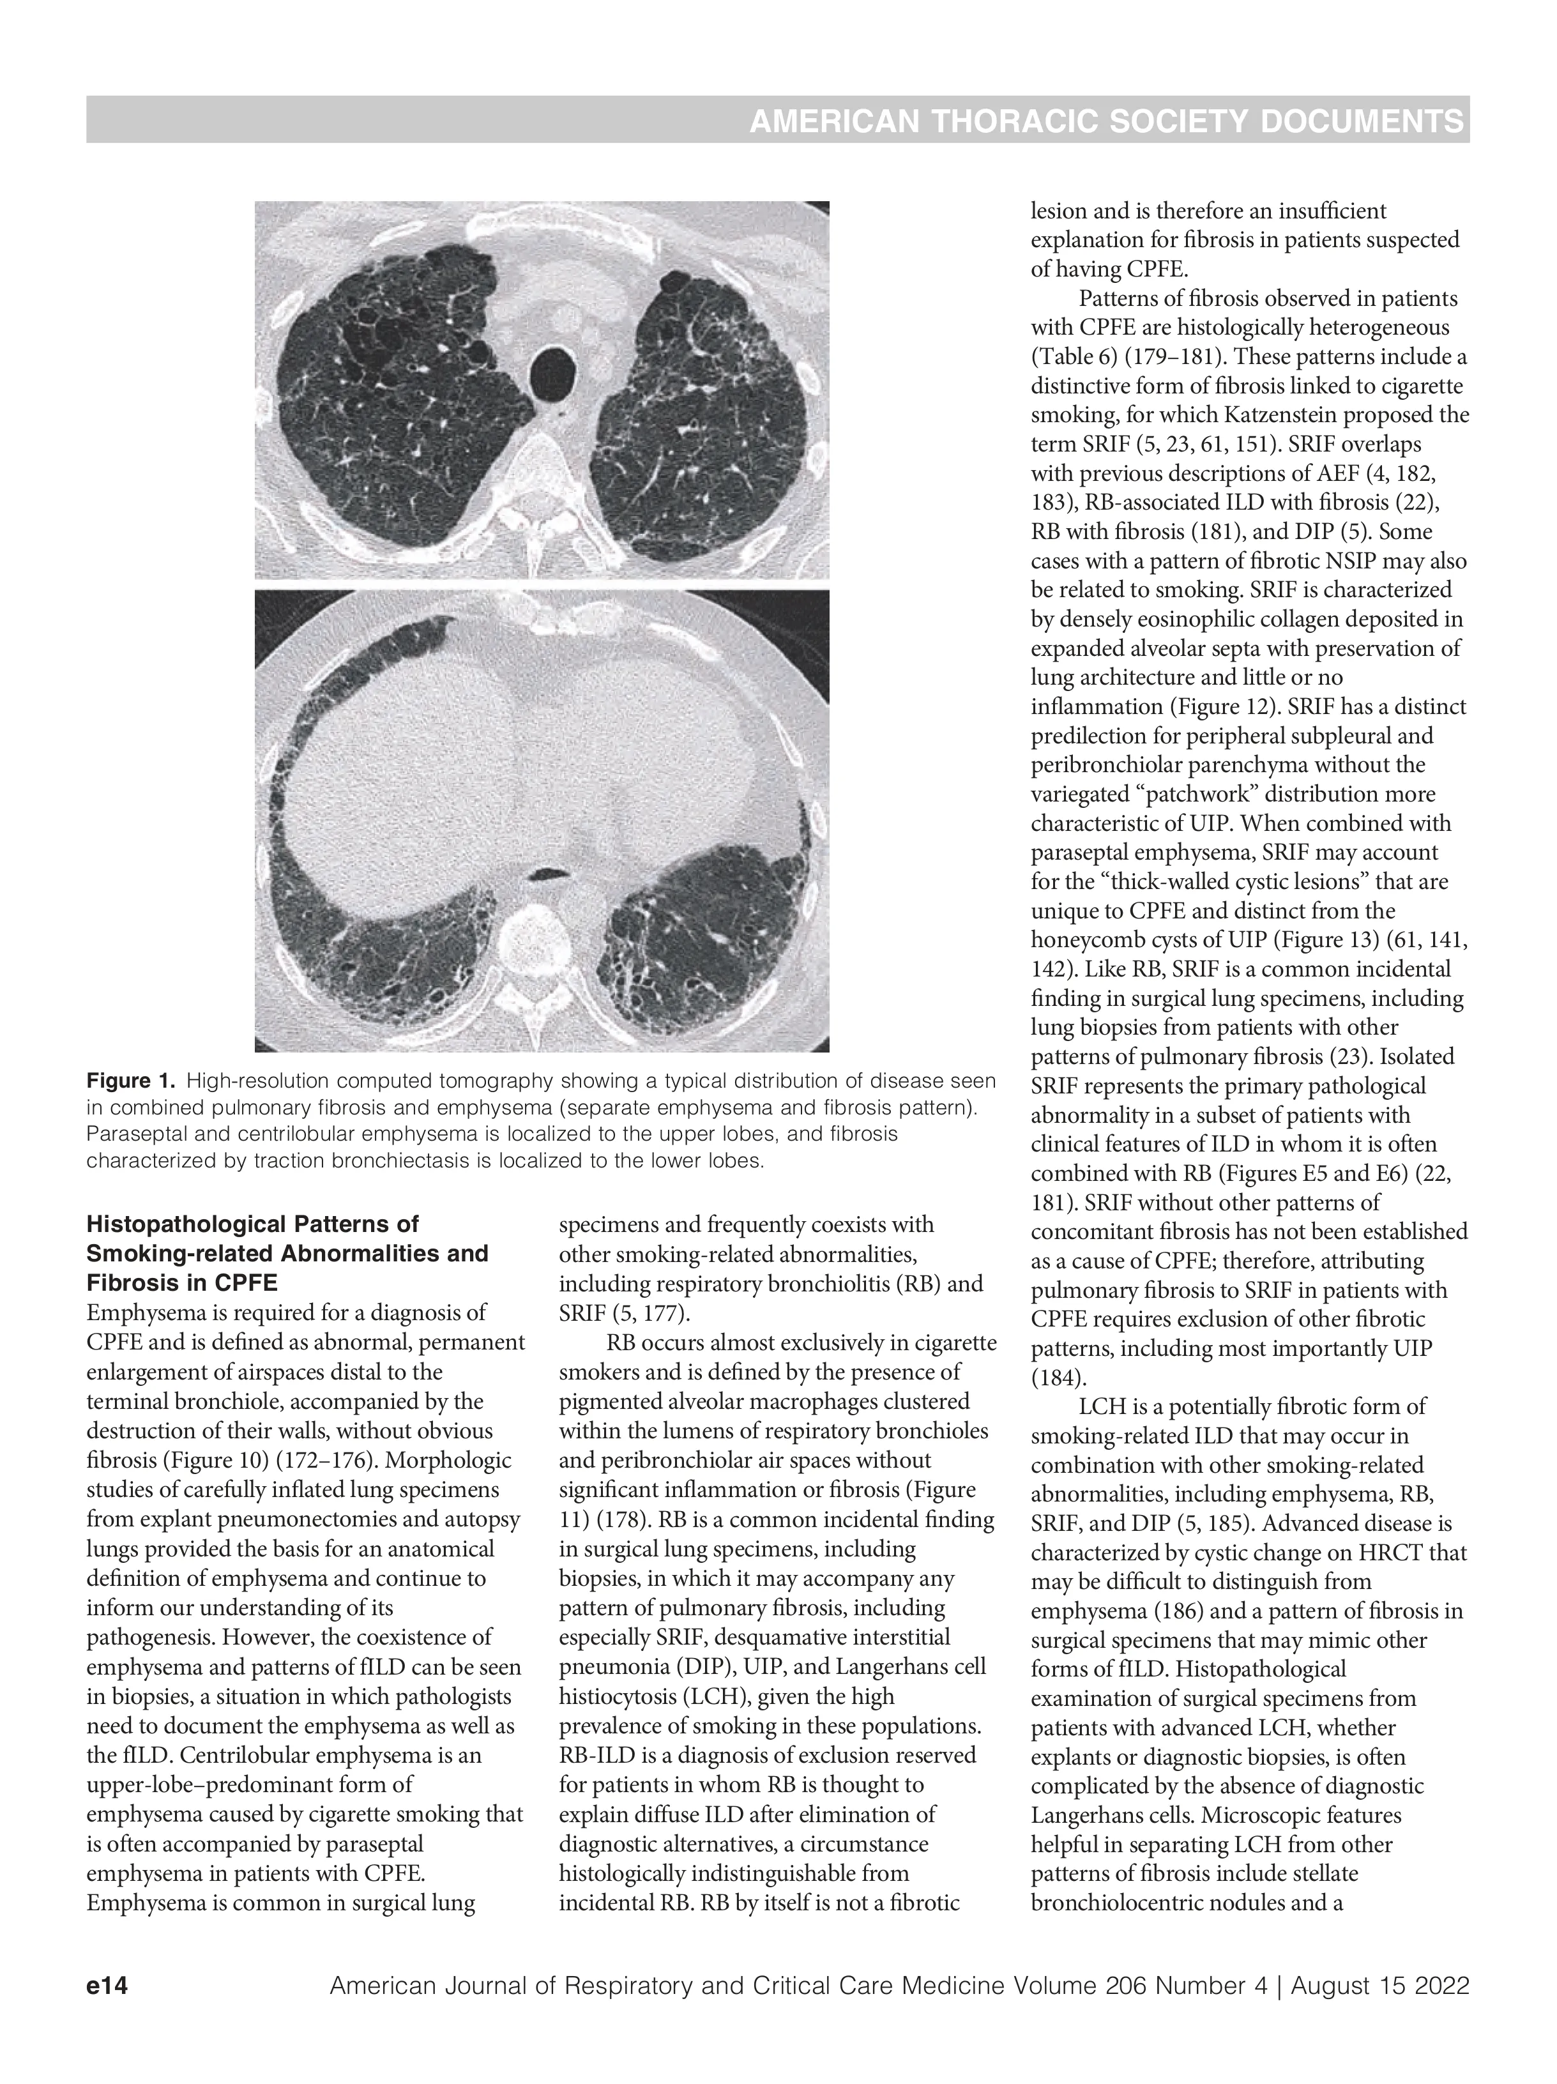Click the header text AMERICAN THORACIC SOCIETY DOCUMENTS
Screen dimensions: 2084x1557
(1106, 121)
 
